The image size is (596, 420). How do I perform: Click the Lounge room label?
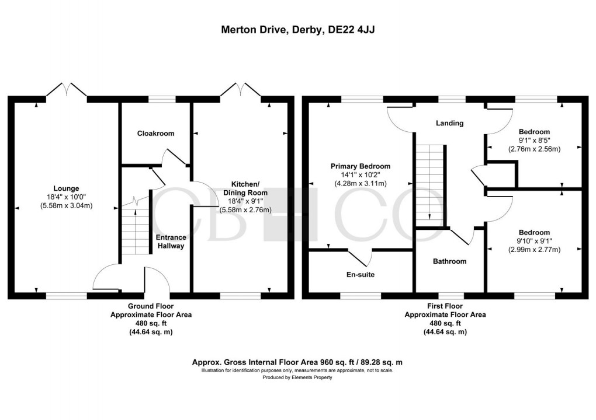[63, 188]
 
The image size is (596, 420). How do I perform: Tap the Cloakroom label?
[155, 134]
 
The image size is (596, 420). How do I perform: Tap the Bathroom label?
[449, 261]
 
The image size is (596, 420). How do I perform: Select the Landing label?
[450, 123]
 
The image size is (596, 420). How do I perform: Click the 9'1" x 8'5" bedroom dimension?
[533, 140]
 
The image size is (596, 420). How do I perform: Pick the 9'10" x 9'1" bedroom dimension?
[533, 241]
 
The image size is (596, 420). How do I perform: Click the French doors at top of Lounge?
[67, 90]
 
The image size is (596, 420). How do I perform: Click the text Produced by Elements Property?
[297, 377]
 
